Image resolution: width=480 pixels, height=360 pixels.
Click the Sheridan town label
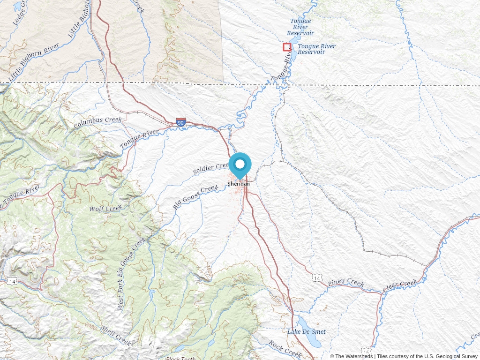tap(239, 184)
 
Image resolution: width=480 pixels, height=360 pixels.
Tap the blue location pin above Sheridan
tap(240, 165)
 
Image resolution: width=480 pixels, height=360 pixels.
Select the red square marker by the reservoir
tap(287, 47)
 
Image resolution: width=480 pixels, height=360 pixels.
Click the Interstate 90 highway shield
tap(181, 123)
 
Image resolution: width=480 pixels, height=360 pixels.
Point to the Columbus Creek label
tap(97, 123)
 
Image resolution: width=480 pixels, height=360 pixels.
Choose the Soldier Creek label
tap(211, 169)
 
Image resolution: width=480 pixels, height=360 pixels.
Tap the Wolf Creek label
tap(106, 208)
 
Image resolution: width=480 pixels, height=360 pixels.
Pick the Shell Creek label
tap(115, 336)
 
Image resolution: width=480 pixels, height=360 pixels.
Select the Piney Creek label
tap(346, 282)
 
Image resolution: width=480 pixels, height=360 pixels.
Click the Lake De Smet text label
tap(307, 332)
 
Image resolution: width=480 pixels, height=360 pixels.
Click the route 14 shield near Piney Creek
tap(317, 278)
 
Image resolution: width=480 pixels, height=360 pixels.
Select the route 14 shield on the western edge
tap(12, 281)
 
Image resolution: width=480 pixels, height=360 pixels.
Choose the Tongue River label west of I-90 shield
tap(139, 140)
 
